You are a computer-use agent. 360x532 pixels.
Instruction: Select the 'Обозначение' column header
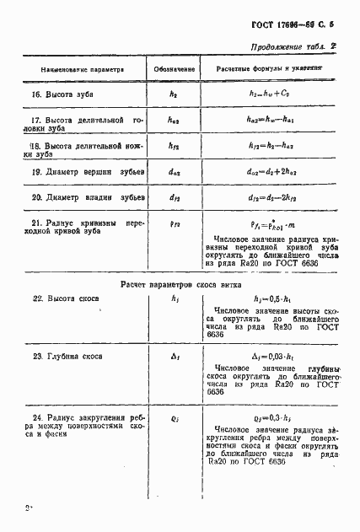175,68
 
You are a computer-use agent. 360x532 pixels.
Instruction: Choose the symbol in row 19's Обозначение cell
175,173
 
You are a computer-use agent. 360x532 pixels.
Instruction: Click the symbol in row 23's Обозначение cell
175,357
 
